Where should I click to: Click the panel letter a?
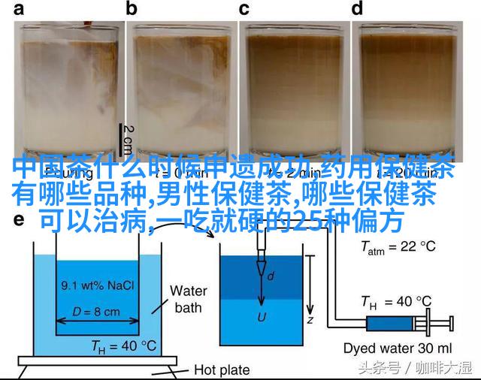(x=19, y=10)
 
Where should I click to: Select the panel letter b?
(x=133, y=10)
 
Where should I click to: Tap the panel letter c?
(x=244, y=10)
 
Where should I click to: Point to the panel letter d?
(x=358, y=10)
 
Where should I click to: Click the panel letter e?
(x=19, y=221)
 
